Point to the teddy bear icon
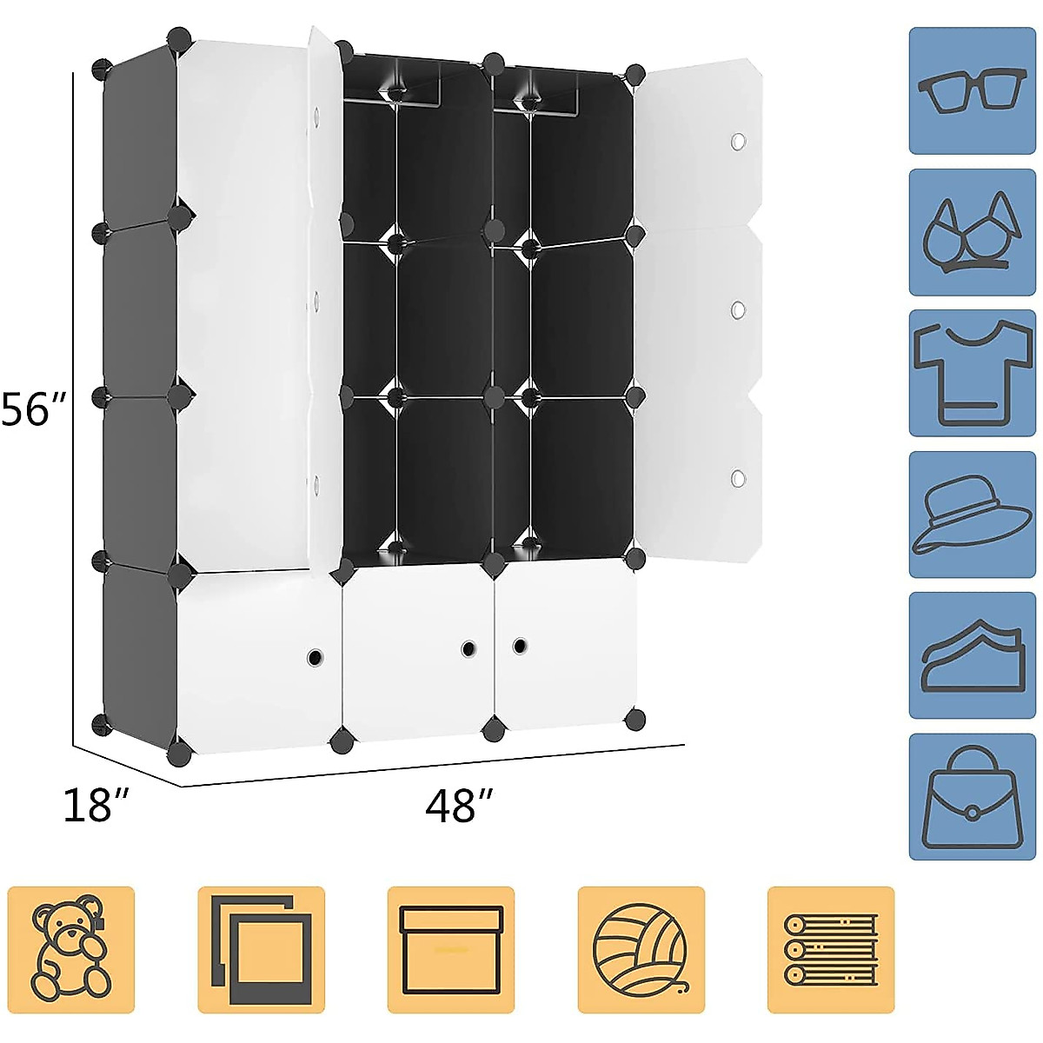[71, 949]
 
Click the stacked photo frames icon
[261, 949]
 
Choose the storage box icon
[451, 949]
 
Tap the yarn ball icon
[641, 949]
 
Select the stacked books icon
[831, 949]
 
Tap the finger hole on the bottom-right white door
[520, 646]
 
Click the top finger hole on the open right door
[738, 142]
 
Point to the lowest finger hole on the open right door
[738, 478]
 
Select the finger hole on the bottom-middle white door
[468, 648]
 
